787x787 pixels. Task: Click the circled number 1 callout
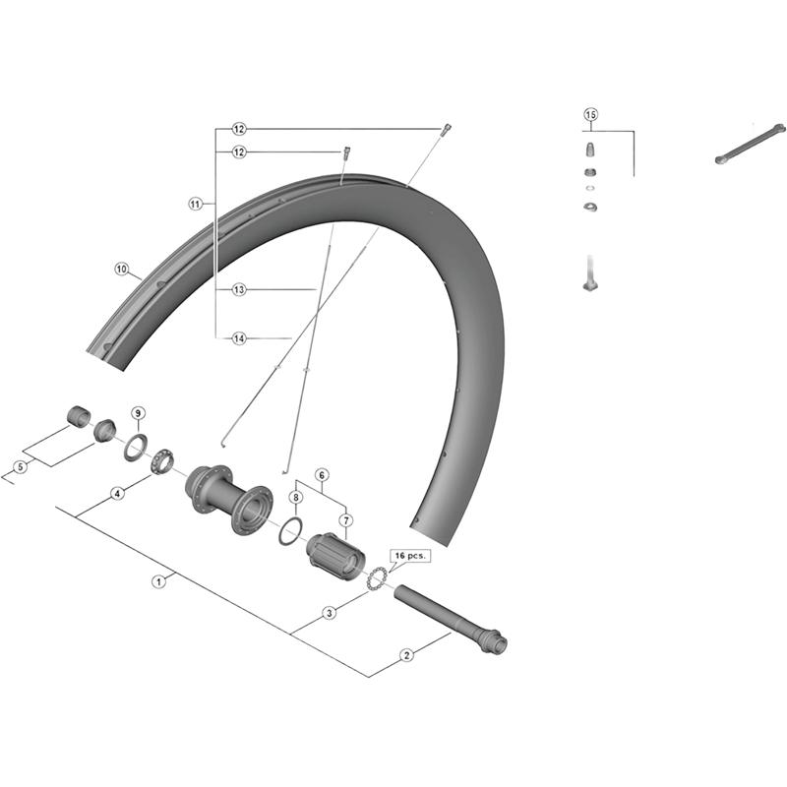[x=158, y=581]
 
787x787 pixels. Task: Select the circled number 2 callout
[x=406, y=655]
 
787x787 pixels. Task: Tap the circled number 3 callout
[x=330, y=613]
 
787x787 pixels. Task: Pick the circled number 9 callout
[x=138, y=413]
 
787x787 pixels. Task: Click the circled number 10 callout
[x=121, y=269]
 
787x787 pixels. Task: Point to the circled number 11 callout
[x=195, y=204]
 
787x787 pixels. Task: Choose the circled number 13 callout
[x=239, y=289]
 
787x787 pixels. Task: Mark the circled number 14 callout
[x=239, y=338]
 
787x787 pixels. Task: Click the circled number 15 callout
[x=591, y=114]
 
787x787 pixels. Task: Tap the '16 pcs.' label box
[x=410, y=556]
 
